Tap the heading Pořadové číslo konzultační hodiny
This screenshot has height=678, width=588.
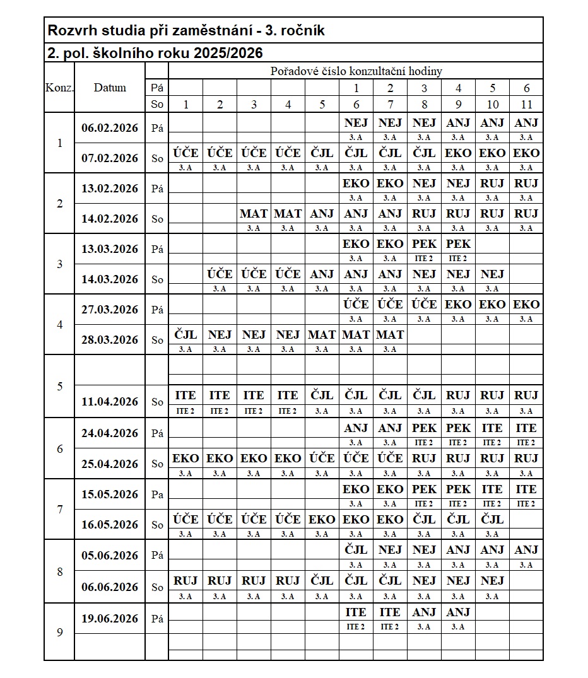(356, 71)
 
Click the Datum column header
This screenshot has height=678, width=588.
(110, 88)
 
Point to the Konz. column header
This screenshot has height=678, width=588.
(59, 88)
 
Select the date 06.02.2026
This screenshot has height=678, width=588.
(110, 127)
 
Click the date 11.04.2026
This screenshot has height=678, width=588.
(110, 402)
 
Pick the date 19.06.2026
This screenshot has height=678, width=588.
(110, 619)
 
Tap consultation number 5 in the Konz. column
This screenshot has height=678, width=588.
(60, 386)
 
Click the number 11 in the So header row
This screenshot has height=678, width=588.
(526, 105)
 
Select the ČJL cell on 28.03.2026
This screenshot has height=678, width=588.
(185, 334)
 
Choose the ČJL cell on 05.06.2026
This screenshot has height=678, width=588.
(356, 550)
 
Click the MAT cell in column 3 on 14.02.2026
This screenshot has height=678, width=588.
(254, 214)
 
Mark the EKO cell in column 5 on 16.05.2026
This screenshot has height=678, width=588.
(322, 519)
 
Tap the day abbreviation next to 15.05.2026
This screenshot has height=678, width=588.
(157, 494)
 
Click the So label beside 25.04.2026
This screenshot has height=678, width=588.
(157, 464)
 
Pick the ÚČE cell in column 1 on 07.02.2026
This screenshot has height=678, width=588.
(185, 153)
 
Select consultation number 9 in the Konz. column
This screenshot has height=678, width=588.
(60, 633)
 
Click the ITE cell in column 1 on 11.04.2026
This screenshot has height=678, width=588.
(185, 395)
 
